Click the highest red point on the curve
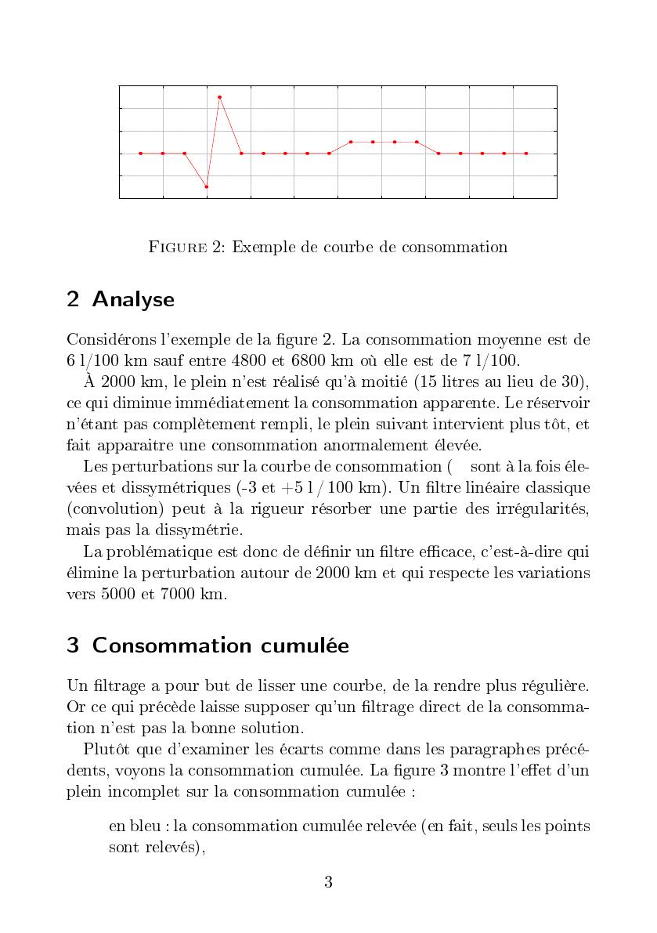[220, 97]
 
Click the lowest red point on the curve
[207, 186]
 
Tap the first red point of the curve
[141, 154]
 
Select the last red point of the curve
[526, 154]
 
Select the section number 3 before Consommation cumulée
[73, 646]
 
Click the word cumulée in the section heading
[309, 646]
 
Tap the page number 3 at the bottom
[328, 882]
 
